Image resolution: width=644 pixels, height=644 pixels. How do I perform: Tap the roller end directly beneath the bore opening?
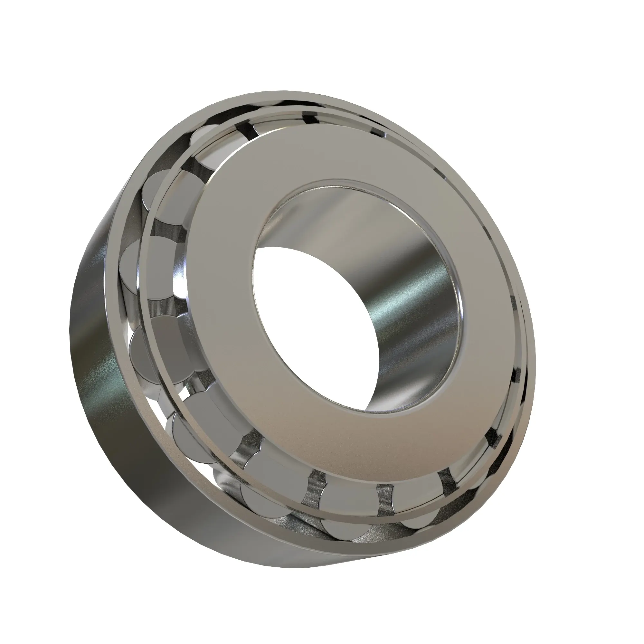(x=347, y=497)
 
